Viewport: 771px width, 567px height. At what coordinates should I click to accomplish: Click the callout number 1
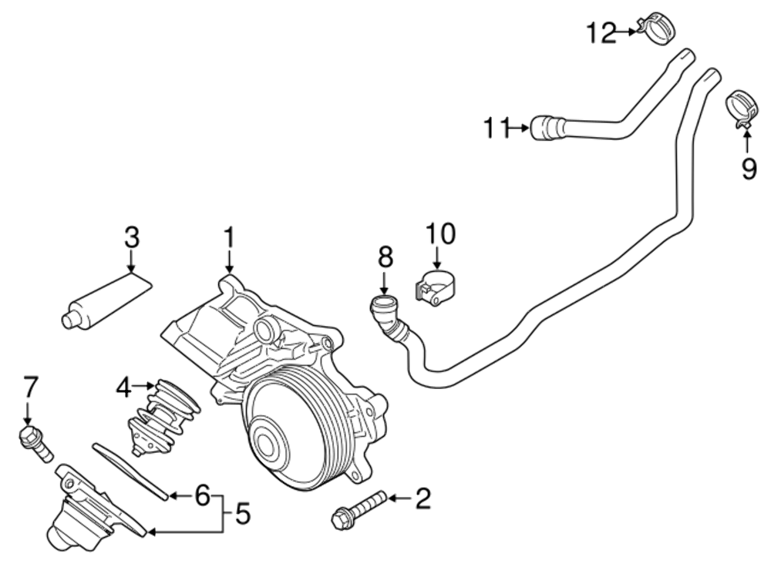point(228,239)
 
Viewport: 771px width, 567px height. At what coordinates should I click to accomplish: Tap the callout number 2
point(423,499)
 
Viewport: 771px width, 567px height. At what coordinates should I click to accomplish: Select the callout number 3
point(132,237)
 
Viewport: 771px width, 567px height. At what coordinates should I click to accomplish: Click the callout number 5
point(243,513)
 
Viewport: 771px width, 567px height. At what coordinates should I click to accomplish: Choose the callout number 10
point(441,233)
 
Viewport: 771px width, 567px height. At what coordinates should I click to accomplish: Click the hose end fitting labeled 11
point(548,127)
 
